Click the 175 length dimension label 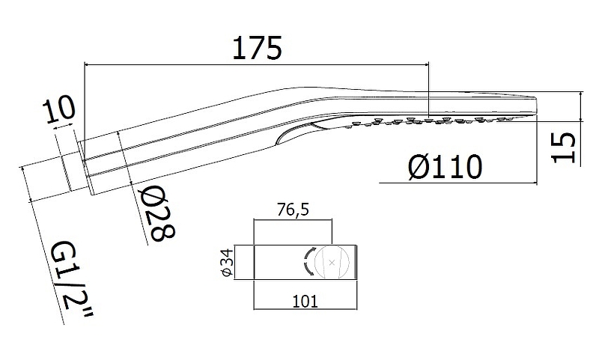257,48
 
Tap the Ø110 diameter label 445,167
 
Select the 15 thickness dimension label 564,147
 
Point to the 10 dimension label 59,111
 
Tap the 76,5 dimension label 294,210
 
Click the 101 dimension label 305,302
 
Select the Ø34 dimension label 227,263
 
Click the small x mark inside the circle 332,262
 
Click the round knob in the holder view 331,262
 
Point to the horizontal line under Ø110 458,183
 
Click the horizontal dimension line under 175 256,65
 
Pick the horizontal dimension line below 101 305,309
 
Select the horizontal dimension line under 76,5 293,220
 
